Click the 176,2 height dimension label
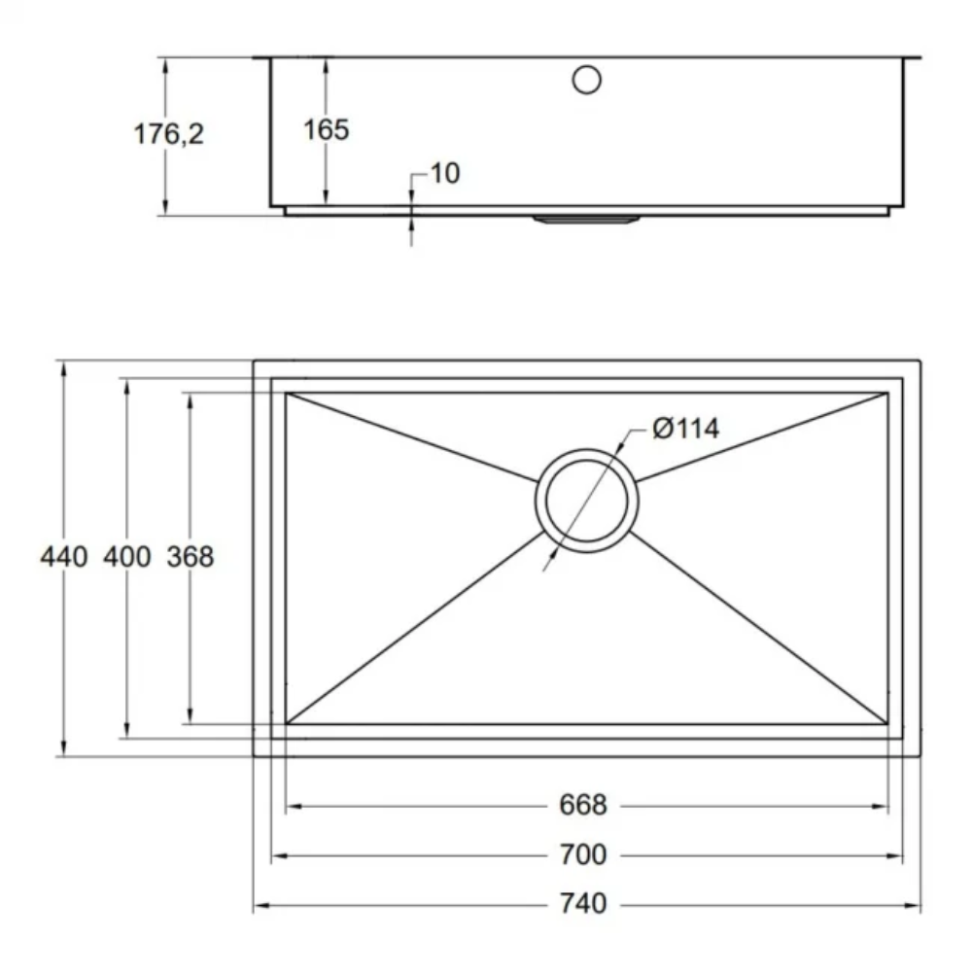(169, 134)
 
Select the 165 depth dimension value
(326, 129)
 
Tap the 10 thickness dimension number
(443, 174)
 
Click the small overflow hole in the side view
(587, 80)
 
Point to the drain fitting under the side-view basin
(586, 220)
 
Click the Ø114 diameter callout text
(686, 428)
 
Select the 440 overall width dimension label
(64, 557)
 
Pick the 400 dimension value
(126, 557)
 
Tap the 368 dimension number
(191, 557)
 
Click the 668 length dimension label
(583, 806)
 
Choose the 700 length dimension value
(583, 855)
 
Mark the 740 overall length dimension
(583, 905)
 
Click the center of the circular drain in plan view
(587, 501)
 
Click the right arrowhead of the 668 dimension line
(883, 806)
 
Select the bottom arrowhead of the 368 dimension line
(190, 717)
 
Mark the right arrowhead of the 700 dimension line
(898, 855)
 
